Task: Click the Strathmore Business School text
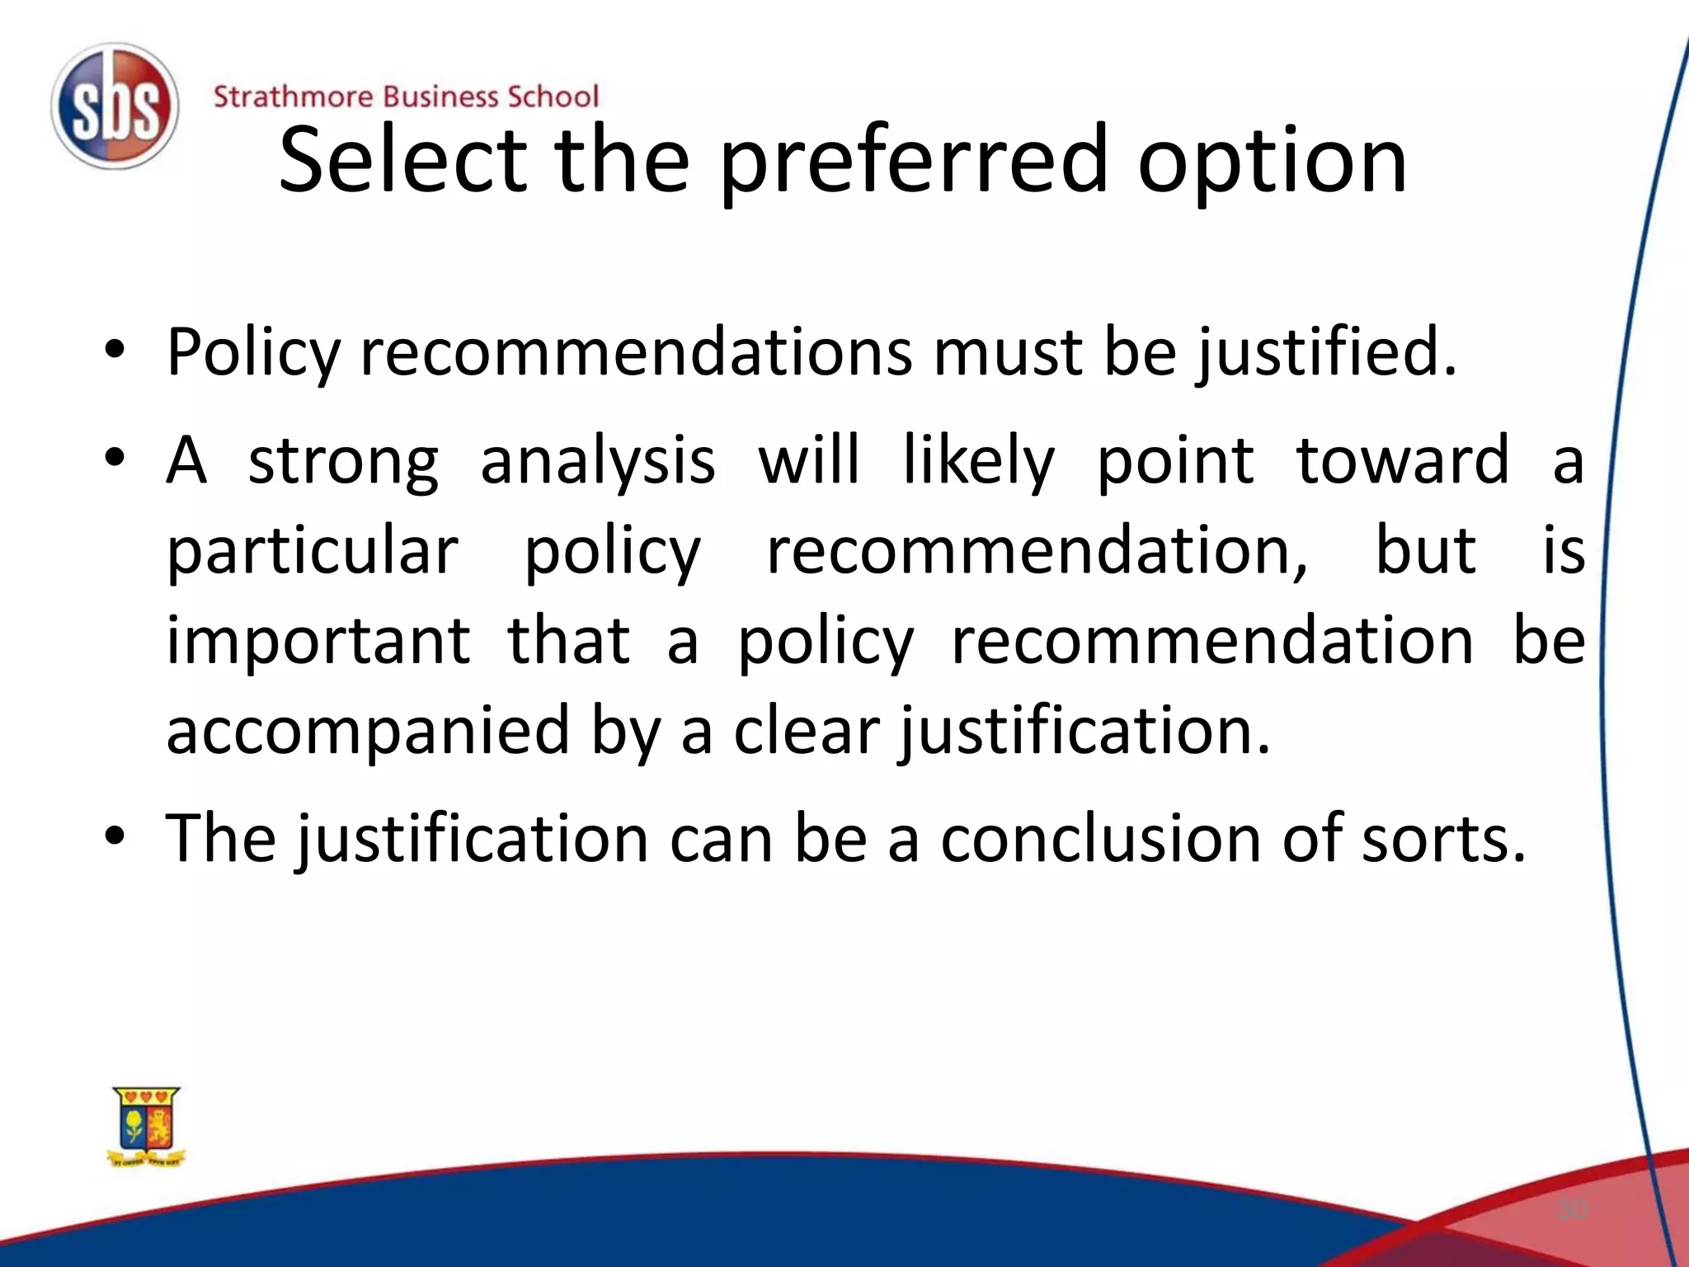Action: (x=406, y=97)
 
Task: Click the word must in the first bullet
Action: (x=1008, y=353)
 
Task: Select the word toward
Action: (x=1403, y=460)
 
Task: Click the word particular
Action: (x=312, y=553)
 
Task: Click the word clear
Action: (x=807, y=731)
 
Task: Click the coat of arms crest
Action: (x=146, y=1127)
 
